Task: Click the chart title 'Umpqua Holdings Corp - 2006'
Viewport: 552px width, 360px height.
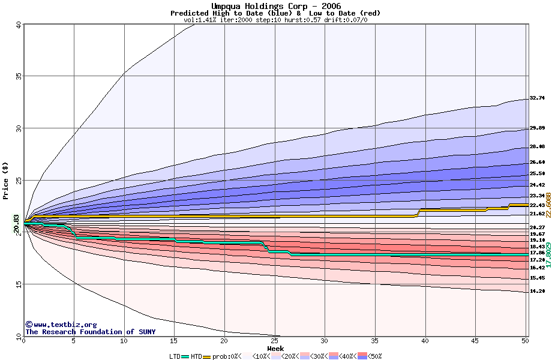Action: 275,5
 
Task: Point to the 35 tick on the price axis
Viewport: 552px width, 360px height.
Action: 19,77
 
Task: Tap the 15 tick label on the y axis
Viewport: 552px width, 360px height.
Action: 19,284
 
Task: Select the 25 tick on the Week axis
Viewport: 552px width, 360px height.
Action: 275,341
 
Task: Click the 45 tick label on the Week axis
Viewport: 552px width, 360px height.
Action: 476,341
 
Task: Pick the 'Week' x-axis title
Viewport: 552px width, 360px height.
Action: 275,349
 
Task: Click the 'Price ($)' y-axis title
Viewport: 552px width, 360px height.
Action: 5,180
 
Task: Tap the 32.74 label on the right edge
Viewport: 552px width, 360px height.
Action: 536,98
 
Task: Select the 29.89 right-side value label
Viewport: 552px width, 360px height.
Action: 536,128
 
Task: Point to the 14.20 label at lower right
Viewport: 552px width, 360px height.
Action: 536,292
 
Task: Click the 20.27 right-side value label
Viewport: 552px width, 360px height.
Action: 536,227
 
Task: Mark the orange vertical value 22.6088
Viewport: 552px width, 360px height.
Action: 548,205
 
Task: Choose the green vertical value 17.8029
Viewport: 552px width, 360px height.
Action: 548,255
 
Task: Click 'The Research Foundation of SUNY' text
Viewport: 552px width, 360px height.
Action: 90,332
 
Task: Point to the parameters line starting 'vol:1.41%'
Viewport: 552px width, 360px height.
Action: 275,20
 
